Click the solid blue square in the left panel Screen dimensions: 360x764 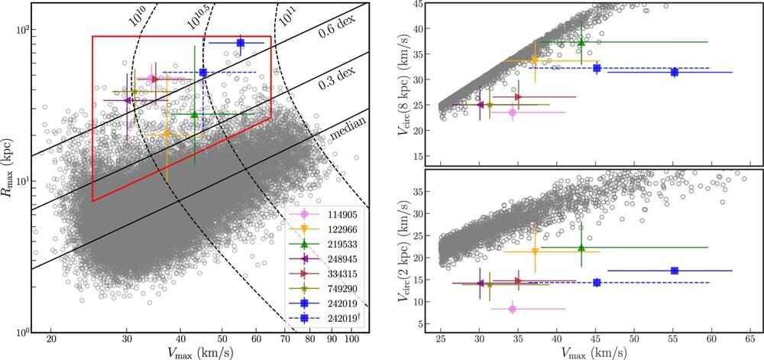(240, 44)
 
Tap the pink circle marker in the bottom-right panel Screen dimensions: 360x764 (513, 309)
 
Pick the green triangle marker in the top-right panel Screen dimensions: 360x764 (581, 42)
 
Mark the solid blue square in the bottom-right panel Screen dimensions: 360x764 (674, 271)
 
